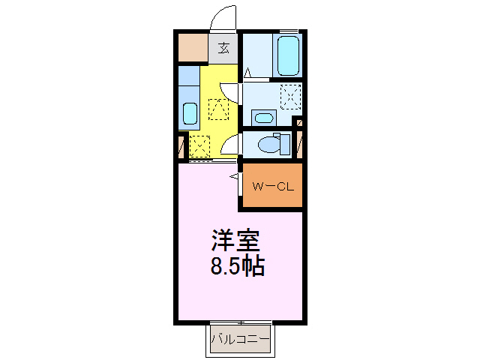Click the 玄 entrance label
(223, 49)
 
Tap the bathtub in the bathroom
(288, 55)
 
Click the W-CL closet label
(271, 186)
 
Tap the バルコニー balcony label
(240, 339)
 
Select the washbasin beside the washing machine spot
(262, 117)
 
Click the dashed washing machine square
(289, 97)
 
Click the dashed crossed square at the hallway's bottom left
(200, 144)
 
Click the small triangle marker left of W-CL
(234, 177)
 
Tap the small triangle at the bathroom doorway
(247, 73)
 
